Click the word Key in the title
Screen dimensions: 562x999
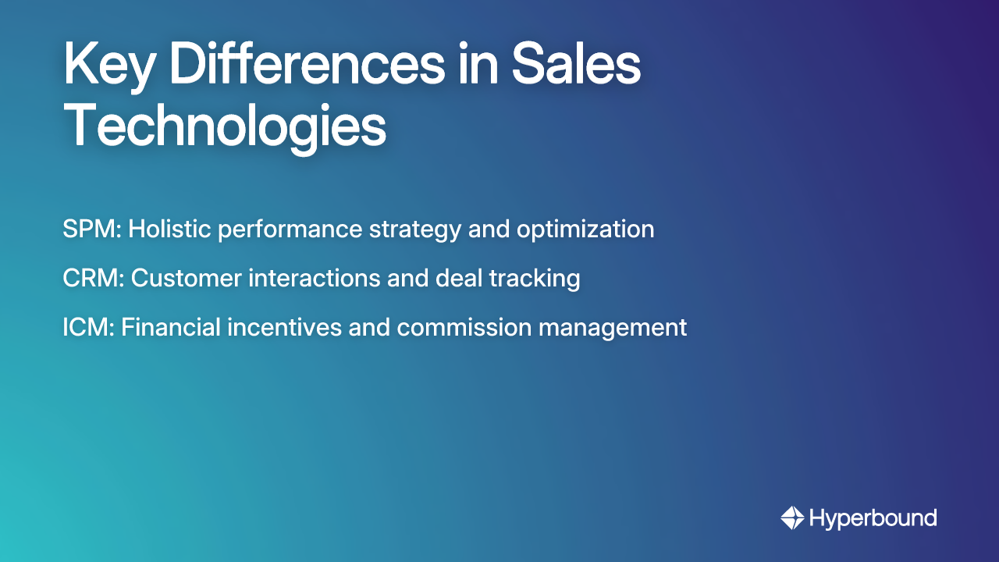[x=108, y=67]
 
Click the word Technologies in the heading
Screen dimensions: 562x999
[x=225, y=126]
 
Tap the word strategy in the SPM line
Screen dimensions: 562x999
[x=419, y=230]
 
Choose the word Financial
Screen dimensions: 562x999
[x=170, y=327]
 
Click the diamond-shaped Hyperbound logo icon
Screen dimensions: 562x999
[x=792, y=518]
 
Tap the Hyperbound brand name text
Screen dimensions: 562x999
[x=873, y=518]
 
